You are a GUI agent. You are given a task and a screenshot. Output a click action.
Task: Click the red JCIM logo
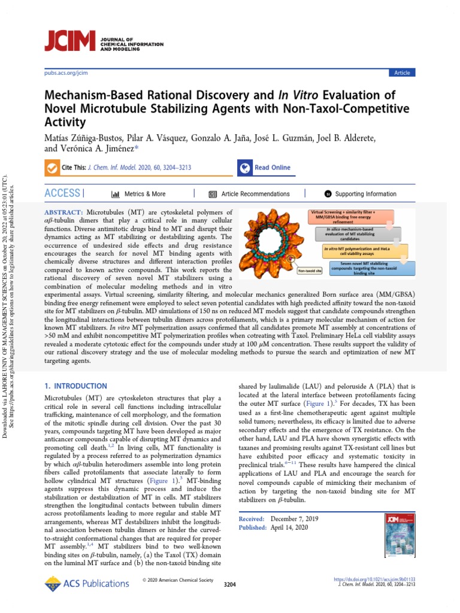[71, 40]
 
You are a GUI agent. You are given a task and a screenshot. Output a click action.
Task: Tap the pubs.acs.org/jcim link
[66, 73]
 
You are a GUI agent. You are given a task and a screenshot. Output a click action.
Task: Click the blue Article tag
[402, 73]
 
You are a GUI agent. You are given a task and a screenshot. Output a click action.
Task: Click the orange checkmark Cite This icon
[52, 168]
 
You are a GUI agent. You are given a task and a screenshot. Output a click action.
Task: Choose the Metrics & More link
[138, 194]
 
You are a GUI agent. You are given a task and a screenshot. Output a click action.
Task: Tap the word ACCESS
[63, 193]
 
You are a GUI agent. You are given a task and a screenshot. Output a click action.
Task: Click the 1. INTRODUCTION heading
[76, 386]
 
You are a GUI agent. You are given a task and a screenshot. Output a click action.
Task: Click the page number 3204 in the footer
[230, 584]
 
